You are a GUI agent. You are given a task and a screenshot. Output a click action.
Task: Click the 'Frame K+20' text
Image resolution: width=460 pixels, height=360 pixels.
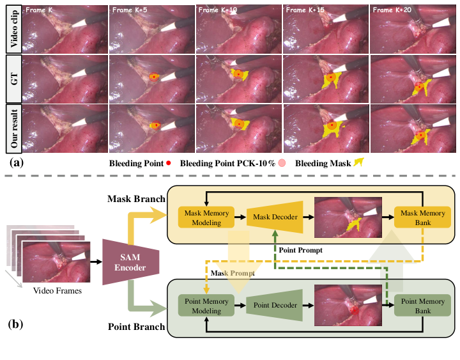(389, 11)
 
